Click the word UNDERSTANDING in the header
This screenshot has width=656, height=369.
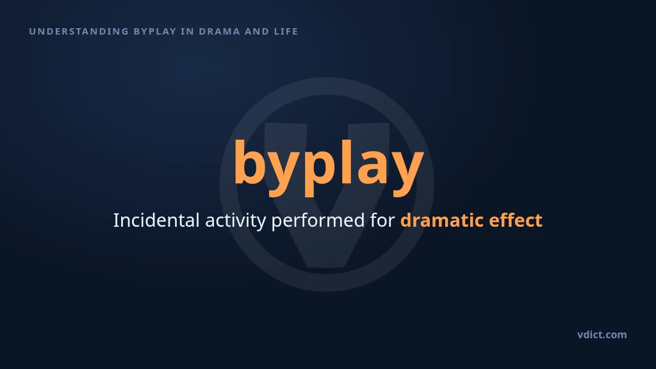79,31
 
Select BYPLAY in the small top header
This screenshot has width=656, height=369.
155,31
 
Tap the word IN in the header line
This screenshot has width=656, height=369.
188,31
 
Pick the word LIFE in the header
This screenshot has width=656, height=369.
286,31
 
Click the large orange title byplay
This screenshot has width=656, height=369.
329,167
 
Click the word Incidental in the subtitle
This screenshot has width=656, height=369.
156,220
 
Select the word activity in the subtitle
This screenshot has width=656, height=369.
236,222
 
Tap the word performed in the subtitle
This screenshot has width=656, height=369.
318,222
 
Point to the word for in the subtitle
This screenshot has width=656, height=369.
382,220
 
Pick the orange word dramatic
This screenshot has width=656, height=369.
442,220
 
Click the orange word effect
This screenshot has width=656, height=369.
516,220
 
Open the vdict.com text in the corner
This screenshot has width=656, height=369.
602,334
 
